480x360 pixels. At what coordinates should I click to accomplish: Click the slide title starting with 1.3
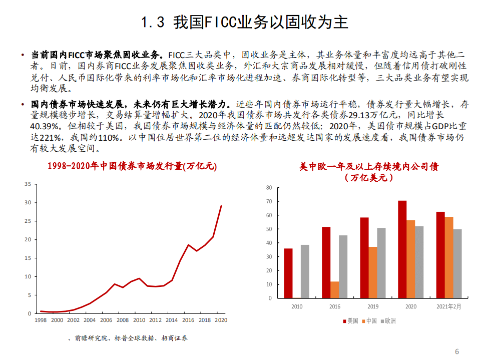coord(244,23)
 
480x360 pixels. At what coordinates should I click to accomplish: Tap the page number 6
coord(456,351)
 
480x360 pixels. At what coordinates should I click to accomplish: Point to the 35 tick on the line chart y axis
coord(28,184)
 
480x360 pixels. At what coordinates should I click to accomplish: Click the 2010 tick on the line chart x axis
coord(139,320)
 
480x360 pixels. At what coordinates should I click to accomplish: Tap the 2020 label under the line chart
coord(221,320)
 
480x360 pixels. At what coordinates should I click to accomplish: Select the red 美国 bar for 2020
coord(402,249)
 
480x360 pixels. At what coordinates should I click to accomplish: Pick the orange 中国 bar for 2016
coord(334,289)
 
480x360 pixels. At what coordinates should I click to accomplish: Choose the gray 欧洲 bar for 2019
coord(381,263)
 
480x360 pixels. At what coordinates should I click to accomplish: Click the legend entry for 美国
coord(350,321)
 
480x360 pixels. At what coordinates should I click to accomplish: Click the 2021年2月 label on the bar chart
coord(449,306)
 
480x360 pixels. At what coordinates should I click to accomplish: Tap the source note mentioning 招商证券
coord(127,338)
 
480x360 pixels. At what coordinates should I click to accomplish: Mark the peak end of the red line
coord(221,206)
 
